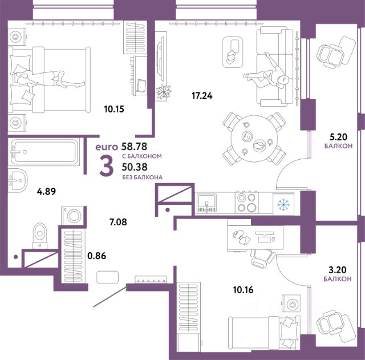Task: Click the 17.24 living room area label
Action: pyautogui.click(x=202, y=96)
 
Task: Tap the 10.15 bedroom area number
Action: pyautogui.click(x=114, y=109)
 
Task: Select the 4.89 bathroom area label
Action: pyautogui.click(x=46, y=192)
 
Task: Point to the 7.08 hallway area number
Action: pyautogui.click(x=118, y=222)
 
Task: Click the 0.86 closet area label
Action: pyautogui.click(x=97, y=256)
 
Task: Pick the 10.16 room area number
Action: pyautogui.click(x=244, y=290)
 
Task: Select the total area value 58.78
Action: pyautogui.click(x=135, y=147)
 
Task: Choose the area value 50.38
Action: pyautogui.click(x=135, y=167)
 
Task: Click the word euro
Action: pyautogui.click(x=107, y=147)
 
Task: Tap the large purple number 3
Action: pyautogui.click(x=107, y=165)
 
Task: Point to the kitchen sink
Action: pyautogui.click(x=206, y=203)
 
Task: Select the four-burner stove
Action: pyautogui.click(x=247, y=203)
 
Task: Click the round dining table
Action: pyautogui.click(x=254, y=139)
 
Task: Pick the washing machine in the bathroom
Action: pyautogui.click(x=72, y=216)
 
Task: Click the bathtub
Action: pyautogui.click(x=44, y=152)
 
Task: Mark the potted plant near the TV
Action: pyautogui.click(x=164, y=92)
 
